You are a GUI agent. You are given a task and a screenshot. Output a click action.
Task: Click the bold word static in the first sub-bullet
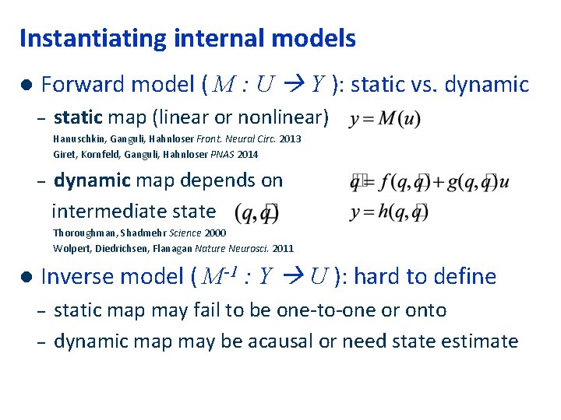pyautogui.click(x=78, y=118)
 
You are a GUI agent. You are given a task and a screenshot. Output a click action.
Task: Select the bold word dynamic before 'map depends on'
pyautogui.click(x=90, y=180)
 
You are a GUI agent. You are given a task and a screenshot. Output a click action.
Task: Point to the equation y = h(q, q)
pyautogui.click(x=389, y=211)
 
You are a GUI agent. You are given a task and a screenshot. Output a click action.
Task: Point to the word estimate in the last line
pyautogui.click(x=483, y=341)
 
